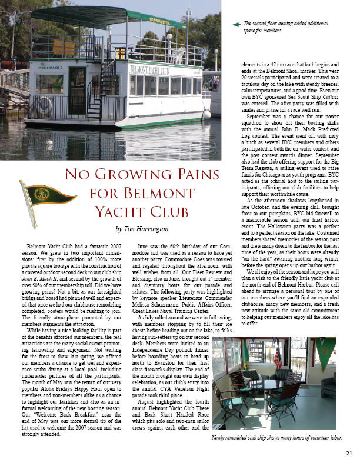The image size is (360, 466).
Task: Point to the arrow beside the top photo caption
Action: [236, 25]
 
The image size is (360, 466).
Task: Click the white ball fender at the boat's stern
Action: [206, 114]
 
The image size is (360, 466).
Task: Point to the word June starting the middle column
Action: [143, 244]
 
